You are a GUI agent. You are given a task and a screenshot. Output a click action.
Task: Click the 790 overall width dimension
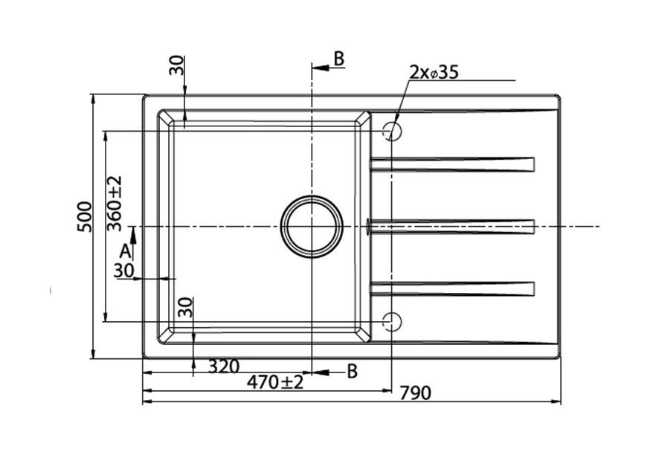(x=416, y=393)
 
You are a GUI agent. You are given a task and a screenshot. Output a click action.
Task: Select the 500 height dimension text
(x=85, y=216)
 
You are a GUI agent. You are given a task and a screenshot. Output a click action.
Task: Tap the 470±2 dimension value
(x=275, y=381)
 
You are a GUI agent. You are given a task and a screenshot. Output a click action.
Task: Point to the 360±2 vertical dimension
(x=115, y=203)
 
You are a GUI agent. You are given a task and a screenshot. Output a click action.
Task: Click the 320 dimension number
(x=224, y=367)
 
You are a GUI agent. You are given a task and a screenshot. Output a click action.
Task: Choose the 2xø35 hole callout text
(x=434, y=73)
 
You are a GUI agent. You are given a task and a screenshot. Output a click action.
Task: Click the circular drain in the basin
(x=312, y=227)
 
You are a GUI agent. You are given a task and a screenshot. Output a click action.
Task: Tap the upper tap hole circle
(x=392, y=132)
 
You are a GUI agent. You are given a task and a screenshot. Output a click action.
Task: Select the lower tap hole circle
(x=392, y=321)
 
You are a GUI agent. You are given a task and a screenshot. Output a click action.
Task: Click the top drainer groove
(x=452, y=164)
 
